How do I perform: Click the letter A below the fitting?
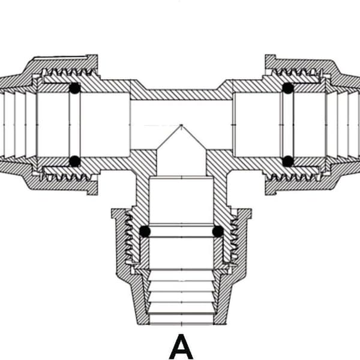pos(181,347)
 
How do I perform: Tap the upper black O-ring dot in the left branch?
pos(75,88)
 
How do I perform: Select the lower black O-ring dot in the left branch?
pos(75,161)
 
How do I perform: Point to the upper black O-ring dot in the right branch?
pos(288,88)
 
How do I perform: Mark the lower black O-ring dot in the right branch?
pos(288,161)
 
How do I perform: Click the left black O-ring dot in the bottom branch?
pos(145,232)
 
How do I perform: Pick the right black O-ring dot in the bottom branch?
pos(218,231)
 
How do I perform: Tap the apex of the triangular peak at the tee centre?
pos(181,125)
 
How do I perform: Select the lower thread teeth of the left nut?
pos(67,178)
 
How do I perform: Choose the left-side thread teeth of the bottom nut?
pos(129,236)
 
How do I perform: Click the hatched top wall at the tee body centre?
pos(181,95)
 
